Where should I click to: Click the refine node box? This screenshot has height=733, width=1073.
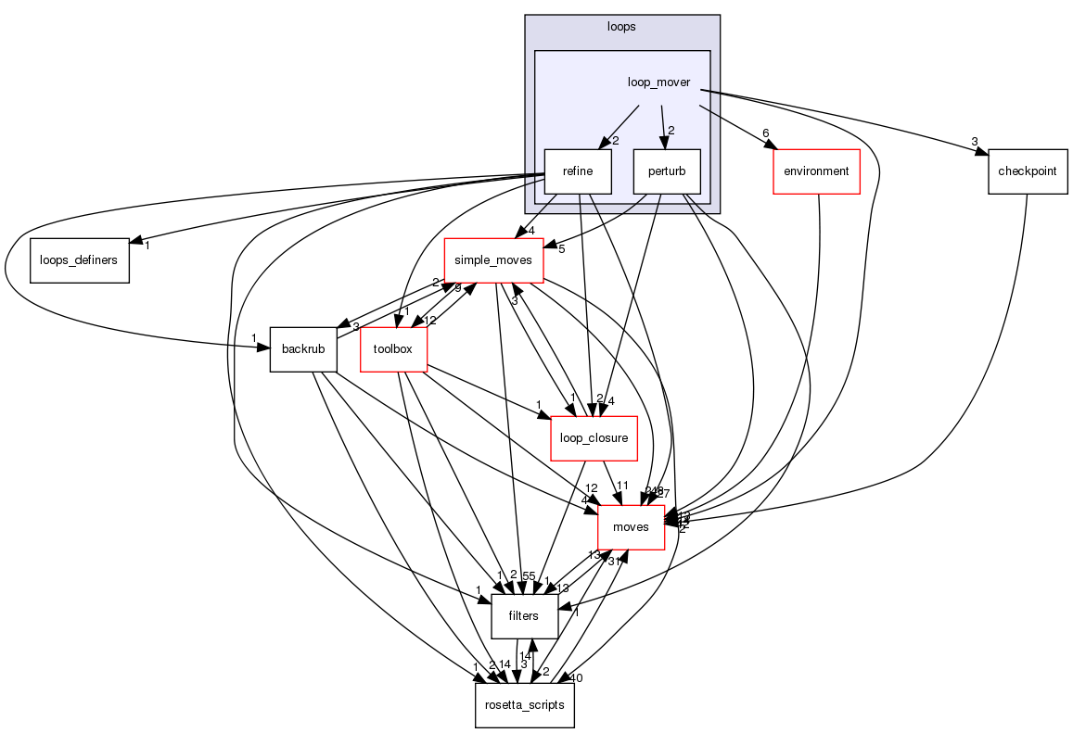[x=577, y=171]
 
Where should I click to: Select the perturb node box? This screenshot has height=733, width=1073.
[x=666, y=171]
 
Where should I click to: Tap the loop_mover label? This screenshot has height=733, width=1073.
[x=658, y=82]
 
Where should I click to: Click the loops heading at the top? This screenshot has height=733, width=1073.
[x=621, y=27]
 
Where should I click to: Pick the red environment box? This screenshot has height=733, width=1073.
[x=816, y=171]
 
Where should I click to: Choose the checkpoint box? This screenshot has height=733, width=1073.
[x=1028, y=171]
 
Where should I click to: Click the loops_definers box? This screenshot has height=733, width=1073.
[x=79, y=260]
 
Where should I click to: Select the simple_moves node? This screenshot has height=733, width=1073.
[x=493, y=260]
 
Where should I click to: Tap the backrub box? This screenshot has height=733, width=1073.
[x=303, y=349]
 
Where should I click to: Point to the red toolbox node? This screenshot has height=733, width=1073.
[x=393, y=349]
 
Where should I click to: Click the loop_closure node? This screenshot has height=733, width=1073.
[x=594, y=438]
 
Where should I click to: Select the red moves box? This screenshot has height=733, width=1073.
[x=631, y=527]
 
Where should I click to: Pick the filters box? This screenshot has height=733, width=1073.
[x=524, y=616]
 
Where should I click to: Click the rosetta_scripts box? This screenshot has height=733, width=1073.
[x=525, y=705]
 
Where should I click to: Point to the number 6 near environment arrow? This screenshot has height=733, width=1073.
[x=766, y=133]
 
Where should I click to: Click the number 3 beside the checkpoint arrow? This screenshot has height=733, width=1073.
[x=975, y=142]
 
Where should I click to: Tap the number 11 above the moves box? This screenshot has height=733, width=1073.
[x=623, y=486]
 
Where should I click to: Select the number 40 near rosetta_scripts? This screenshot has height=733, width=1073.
[x=576, y=678]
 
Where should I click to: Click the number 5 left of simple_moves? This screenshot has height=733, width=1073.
[x=561, y=249]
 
